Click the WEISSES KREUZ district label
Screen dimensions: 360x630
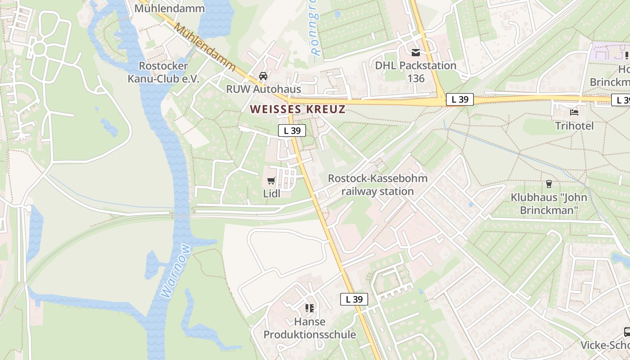pos(298,109)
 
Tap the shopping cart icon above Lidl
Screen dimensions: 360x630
pos(271,181)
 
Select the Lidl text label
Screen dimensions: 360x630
pos(271,193)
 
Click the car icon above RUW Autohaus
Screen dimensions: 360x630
pos(263,76)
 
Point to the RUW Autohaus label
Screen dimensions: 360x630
pos(263,89)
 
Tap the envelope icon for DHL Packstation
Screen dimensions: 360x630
pos(415,52)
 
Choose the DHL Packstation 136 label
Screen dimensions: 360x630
pos(416,72)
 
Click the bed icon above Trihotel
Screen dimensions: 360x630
pos(574,112)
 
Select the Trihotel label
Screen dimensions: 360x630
pos(574,126)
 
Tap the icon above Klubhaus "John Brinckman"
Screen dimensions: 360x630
pos(549,184)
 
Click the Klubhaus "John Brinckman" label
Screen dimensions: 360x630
pos(549,203)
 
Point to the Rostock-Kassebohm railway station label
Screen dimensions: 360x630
pos(377,184)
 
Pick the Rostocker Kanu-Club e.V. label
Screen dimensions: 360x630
pos(163,72)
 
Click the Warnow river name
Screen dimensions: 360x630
pos(175,271)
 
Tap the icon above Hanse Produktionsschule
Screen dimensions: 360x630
pos(309,308)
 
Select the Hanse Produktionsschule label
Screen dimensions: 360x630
pos(310,328)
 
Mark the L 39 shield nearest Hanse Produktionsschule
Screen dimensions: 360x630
pos(354,299)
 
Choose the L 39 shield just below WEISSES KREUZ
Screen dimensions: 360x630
pos(292,130)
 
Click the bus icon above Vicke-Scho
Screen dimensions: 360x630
pos(627,332)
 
